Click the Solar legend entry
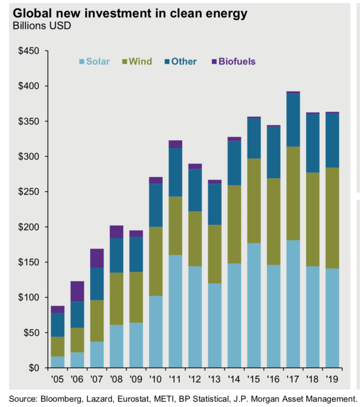tap(94, 62)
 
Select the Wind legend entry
tap(137, 62)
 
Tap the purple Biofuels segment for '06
tap(77, 291)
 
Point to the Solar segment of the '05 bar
tap(58, 362)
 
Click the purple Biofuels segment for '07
tap(97, 258)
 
